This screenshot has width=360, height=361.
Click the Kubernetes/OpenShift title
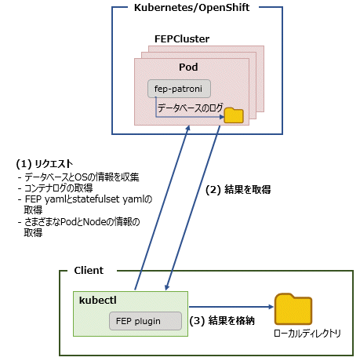tap(191, 8)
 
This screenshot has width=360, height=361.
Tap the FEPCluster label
tap(182, 39)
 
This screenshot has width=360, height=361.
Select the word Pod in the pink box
tap(188, 67)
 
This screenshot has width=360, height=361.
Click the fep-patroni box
tap(179, 89)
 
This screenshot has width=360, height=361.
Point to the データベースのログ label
tap(191, 108)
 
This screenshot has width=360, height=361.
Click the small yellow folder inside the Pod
tap(234, 115)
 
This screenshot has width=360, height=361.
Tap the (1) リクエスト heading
tap(45, 164)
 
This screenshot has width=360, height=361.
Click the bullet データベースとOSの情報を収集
tap(78, 177)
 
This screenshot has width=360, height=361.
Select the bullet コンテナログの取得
tap(56, 188)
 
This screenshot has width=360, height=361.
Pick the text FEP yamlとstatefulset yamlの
tap(89, 199)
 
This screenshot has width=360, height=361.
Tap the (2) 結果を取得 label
tap(238, 190)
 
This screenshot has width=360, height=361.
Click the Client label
tap(89, 271)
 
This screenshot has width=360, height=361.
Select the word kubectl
tap(98, 301)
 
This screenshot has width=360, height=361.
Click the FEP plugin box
tap(145, 321)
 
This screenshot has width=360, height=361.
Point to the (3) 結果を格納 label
tap(222, 321)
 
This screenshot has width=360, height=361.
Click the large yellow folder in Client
tap(293, 309)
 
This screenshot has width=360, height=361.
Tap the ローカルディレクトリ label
tap(307, 334)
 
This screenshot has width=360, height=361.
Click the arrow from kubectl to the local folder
tap(231, 307)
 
